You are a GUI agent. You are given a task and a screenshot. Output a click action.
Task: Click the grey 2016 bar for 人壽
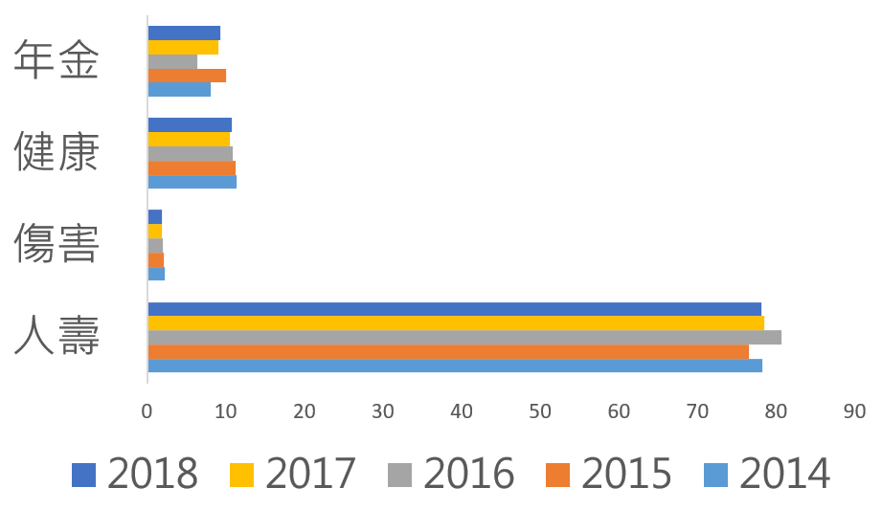tap(464, 337)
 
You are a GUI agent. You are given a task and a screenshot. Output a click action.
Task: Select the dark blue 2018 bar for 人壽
tap(455, 309)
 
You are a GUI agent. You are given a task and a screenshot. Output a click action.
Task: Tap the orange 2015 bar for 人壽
tap(448, 351)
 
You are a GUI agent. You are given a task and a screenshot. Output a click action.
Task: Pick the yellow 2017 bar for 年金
tap(183, 47)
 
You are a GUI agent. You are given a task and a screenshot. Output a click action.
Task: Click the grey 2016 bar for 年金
tap(172, 61)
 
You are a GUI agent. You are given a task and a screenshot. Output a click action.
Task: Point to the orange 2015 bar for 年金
tap(187, 76)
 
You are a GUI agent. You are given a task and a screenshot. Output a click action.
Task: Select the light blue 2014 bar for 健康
tap(192, 182)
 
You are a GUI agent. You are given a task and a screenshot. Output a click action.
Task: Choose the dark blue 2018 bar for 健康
tap(190, 124)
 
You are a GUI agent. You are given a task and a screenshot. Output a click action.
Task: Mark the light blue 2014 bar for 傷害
tap(156, 274)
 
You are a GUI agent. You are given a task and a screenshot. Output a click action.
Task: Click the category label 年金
tap(57, 61)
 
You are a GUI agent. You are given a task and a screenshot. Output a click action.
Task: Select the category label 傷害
tap(57, 245)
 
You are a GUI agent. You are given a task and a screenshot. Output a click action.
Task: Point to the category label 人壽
tap(57, 337)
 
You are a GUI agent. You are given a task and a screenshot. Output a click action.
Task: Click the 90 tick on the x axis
tap(854, 411)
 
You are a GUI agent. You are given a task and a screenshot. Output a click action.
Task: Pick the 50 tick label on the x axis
tap(540, 411)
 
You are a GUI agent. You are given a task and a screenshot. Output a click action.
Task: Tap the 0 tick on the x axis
tap(147, 411)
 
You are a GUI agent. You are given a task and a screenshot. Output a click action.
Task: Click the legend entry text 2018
tap(153, 474)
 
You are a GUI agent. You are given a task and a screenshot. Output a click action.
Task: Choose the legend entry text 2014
tap(785, 474)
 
